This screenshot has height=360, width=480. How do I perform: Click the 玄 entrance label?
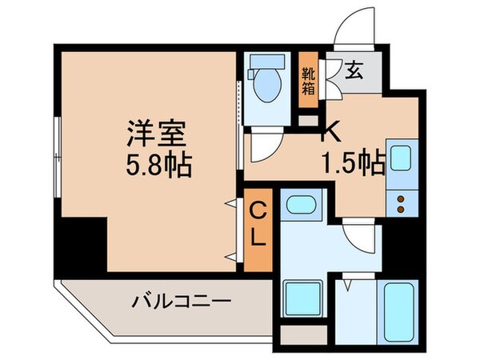click(354, 70)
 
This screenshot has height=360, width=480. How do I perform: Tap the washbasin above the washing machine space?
click(302, 206)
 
